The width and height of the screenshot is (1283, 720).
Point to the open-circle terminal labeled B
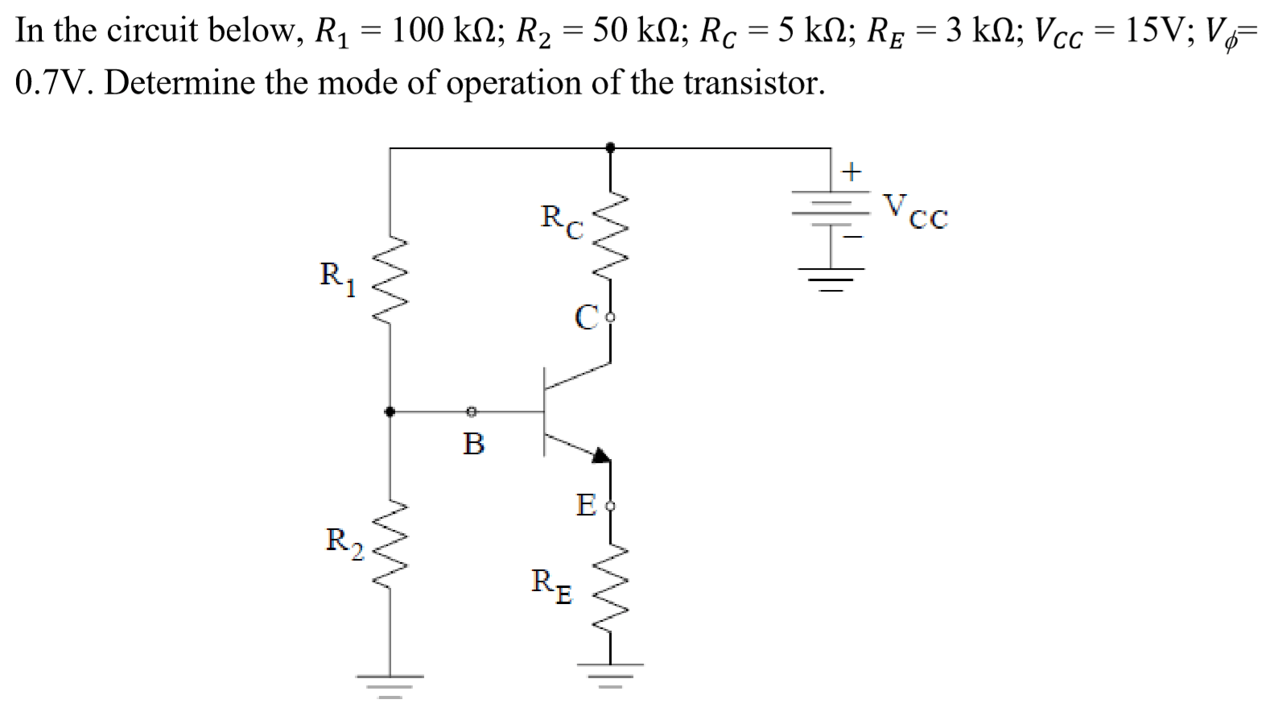point(472,412)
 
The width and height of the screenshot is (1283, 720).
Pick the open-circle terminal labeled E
point(610,507)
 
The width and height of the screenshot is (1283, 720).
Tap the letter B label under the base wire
point(473,444)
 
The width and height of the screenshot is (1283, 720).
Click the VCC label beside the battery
point(916,211)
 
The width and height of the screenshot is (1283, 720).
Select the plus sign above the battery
point(851,171)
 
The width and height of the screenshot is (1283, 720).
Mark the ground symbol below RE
point(610,672)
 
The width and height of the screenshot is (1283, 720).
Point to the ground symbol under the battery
point(831,282)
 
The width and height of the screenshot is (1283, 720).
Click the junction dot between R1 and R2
point(390,412)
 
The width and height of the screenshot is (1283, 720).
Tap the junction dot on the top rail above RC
point(610,147)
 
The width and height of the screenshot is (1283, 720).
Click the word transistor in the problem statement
point(753,82)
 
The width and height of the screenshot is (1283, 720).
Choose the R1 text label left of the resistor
point(337,277)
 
